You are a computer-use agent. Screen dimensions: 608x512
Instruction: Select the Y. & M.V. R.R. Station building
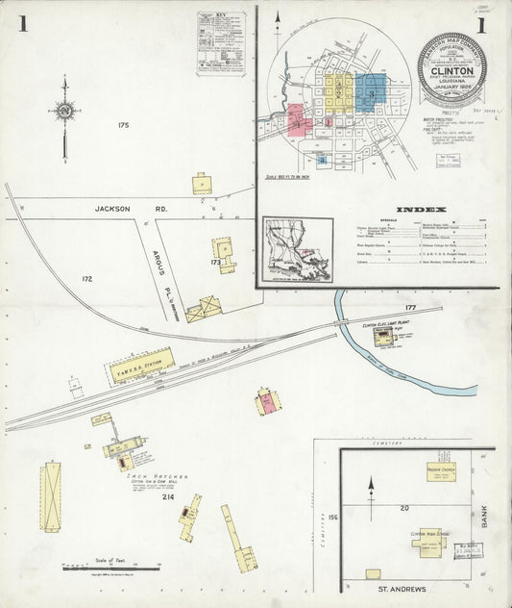point(142,365)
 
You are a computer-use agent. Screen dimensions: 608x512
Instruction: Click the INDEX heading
point(421,210)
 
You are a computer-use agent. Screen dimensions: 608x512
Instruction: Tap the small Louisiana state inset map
point(298,248)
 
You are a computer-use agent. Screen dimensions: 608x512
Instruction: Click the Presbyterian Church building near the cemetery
point(445,474)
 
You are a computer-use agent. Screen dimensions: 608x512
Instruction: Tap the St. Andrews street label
point(398,587)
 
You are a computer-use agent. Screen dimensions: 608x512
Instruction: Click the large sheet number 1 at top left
point(22,23)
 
